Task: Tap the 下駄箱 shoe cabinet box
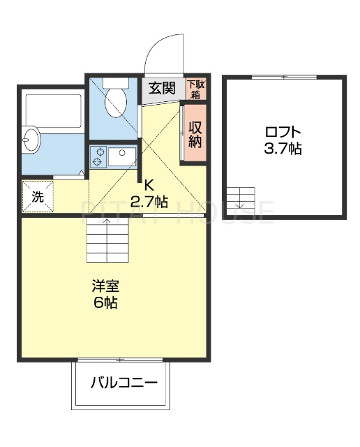click(x=197, y=89)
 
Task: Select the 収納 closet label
click(x=195, y=133)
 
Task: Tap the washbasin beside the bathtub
click(x=29, y=140)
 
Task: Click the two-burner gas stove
click(x=98, y=157)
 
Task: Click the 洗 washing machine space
click(x=37, y=196)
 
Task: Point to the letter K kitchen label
click(x=148, y=186)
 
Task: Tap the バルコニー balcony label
click(x=123, y=383)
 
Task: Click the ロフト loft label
click(x=283, y=131)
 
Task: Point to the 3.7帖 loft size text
click(x=283, y=148)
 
